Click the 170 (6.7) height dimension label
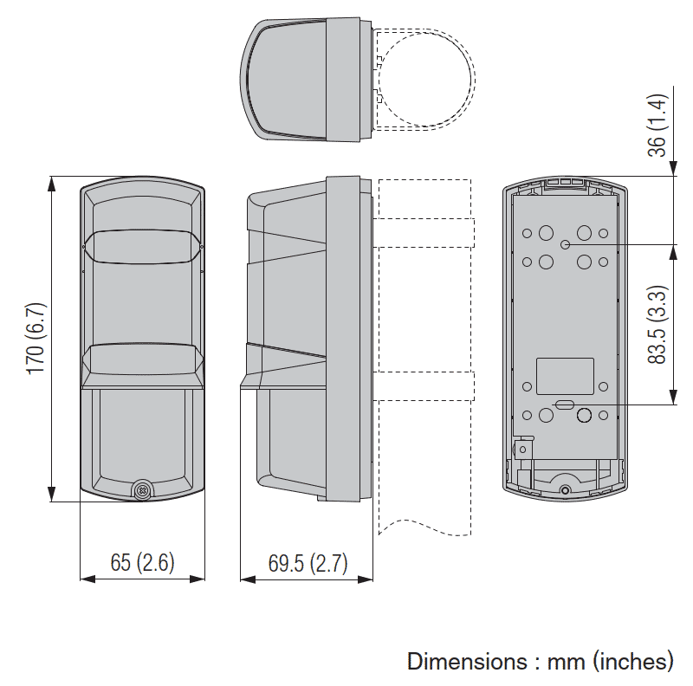pos(35,339)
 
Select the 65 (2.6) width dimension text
pos(142,562)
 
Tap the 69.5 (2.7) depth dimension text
pos(307,563)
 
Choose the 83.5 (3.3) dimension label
pos(657,324)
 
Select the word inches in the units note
pos(632,662)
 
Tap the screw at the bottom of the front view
pos(142,489)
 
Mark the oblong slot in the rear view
pos(564,404)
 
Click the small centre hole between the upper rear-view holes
pos(565,245)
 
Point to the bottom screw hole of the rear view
pos(566,491)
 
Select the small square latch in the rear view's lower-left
pos(522,448)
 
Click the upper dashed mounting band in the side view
pos(424,232)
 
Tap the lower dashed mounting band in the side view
pos(424,385)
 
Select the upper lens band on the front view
pos(142,245)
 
